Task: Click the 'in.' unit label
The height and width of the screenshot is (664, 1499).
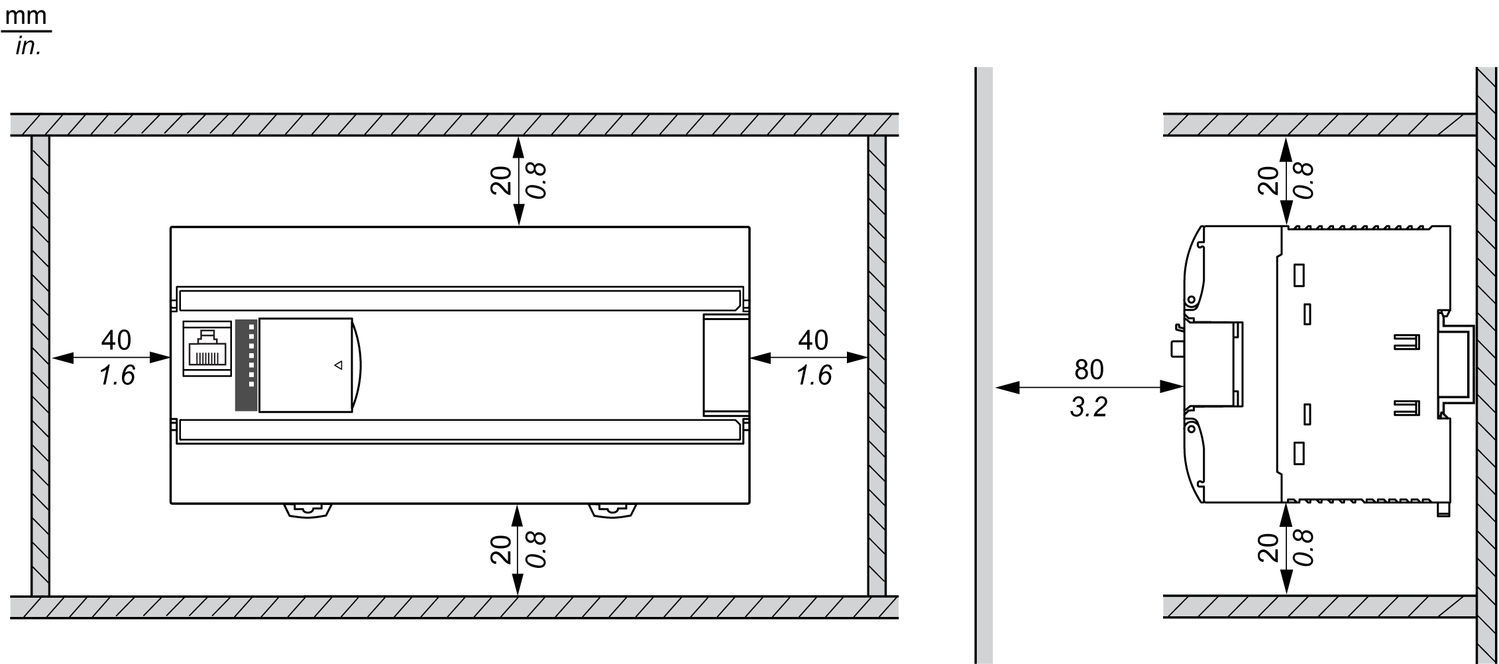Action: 28,47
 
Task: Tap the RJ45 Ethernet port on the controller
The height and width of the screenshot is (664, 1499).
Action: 207,349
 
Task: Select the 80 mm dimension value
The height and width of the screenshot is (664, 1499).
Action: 1089,370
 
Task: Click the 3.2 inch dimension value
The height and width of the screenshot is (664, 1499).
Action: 1089,407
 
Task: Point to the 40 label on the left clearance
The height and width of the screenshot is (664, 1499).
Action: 116,340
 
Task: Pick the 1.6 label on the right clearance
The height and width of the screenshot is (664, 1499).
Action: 813,376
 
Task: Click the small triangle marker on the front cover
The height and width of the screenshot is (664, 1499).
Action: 338,365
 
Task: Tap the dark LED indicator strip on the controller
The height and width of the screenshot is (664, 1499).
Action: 246,364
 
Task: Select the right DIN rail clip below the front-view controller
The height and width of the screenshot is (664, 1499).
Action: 612,512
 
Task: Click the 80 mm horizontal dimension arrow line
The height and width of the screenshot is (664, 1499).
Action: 1089,387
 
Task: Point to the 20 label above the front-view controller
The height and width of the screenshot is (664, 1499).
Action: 502,180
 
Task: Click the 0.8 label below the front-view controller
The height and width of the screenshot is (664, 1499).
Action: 536,549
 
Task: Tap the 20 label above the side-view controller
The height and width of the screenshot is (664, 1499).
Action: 1268,180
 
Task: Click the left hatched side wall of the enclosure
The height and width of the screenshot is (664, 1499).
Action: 40,366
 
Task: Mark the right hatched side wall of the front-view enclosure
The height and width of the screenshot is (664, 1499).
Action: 877,366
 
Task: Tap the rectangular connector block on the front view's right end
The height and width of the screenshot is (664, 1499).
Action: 726,364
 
